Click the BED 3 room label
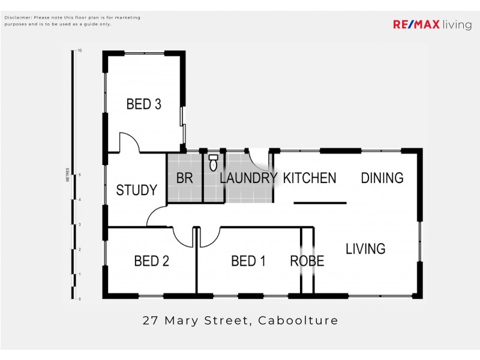[x=143, y=104]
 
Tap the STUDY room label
[x=136, y=190]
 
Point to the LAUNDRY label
[x=248, y=178]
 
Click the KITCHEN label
[x=309, y=178]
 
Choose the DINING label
[x=382, y=178]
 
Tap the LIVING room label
[x=365, y=248]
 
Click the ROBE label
[x=307, y=261]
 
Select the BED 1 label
[x=248, y=261]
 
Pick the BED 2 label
[x=151, y=261]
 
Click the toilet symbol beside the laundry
[x=213, y=163]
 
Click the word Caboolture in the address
[x=298, y=320]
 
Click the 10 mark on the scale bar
[x=79, y=51]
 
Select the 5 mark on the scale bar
[x=79, y=175]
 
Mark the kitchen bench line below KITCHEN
[x=320, y=203]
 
